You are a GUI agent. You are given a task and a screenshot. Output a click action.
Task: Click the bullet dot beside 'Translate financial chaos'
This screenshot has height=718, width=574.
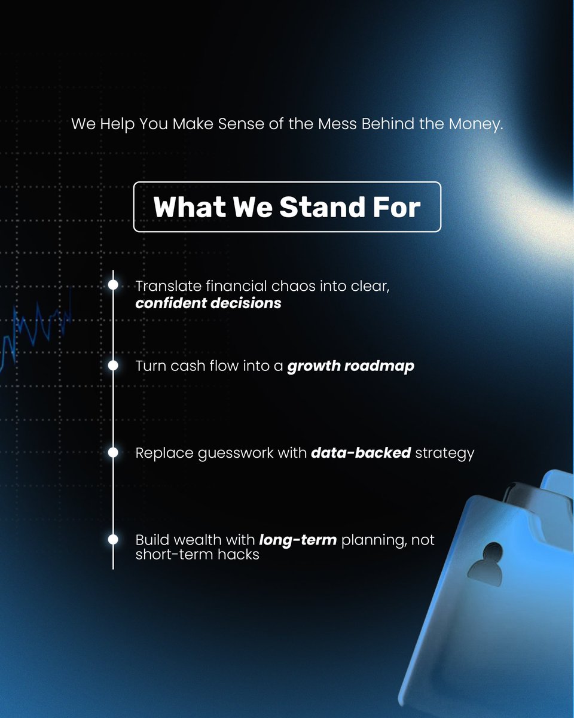coord(113,285)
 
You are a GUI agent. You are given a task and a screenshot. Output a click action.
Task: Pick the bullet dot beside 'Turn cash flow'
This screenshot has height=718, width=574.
coord(113,366)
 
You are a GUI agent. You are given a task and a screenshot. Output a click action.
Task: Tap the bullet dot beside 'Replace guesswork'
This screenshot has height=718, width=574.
coord(113,453)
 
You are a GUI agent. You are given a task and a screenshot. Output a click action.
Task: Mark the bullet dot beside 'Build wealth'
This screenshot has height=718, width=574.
coord(113,540)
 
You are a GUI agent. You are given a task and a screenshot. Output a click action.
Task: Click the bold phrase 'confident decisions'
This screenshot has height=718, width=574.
coord(208,303)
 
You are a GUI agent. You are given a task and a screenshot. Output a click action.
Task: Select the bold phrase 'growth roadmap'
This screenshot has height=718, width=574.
coord(350,366)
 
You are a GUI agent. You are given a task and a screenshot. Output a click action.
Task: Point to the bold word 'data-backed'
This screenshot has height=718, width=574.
coord(361,453)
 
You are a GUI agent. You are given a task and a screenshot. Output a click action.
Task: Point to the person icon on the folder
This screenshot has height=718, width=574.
coord(485,561)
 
